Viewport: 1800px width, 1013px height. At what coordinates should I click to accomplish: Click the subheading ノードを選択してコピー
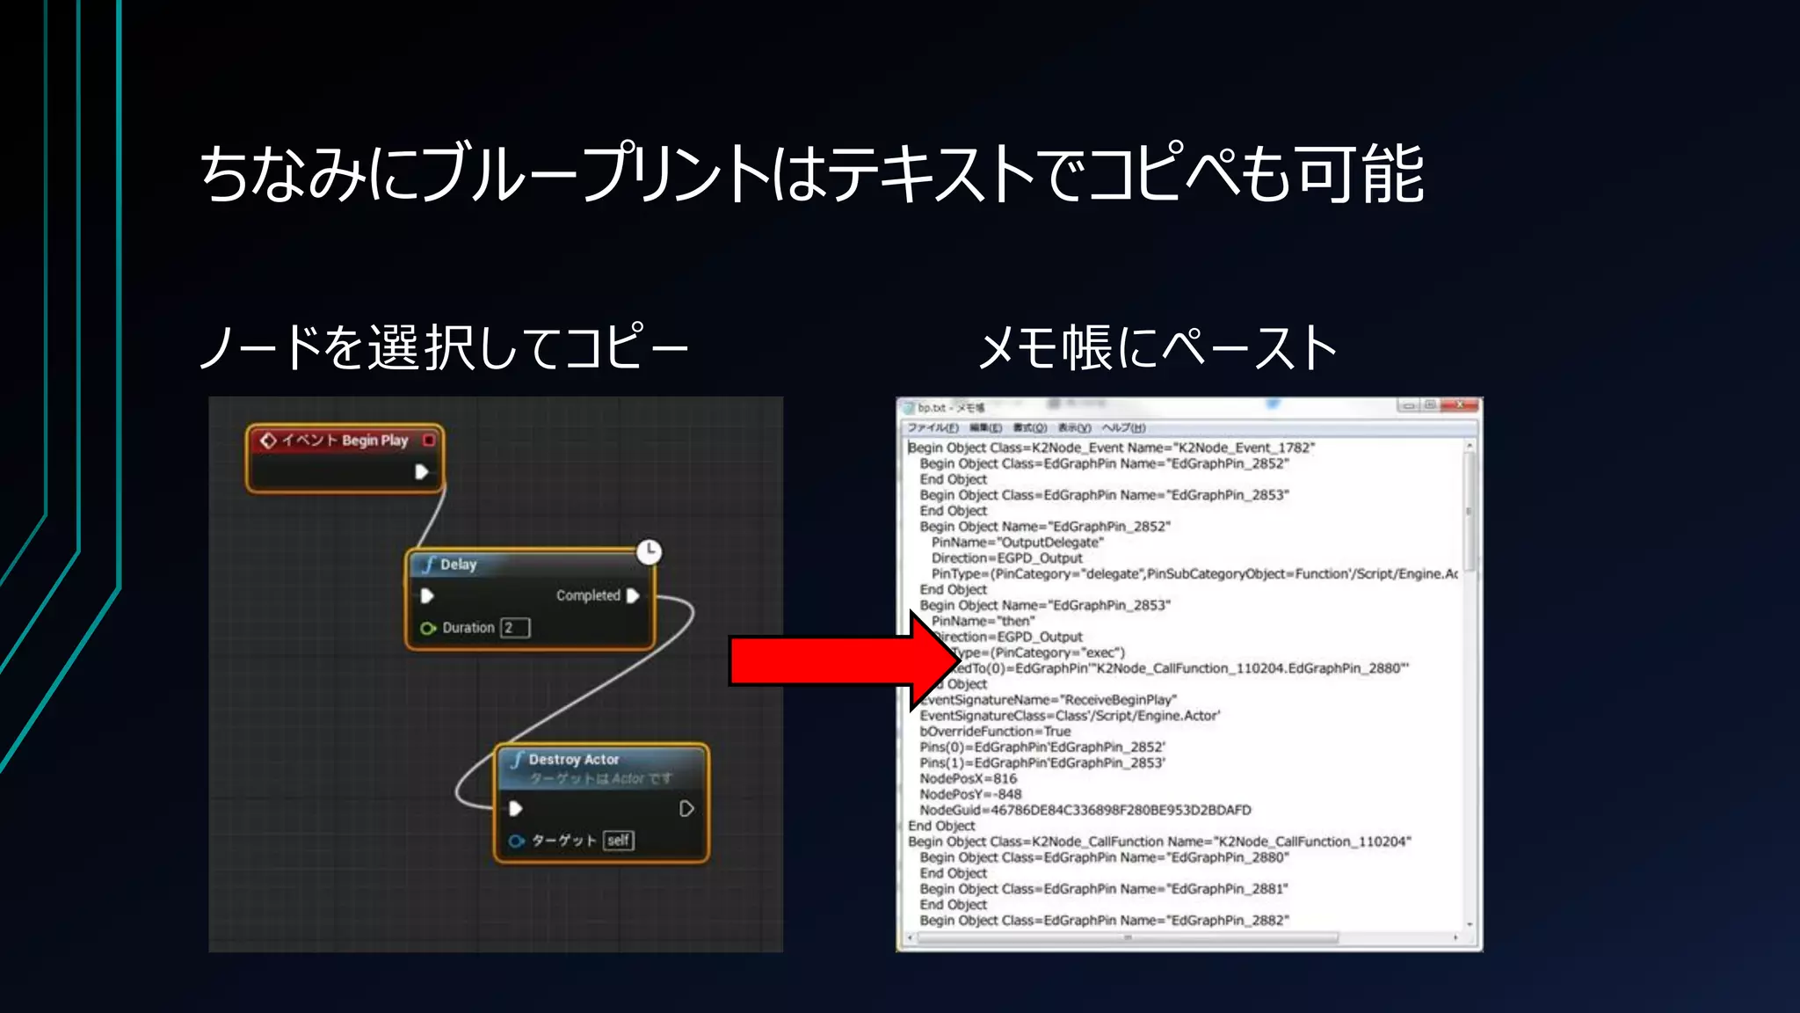[x=444, y=347]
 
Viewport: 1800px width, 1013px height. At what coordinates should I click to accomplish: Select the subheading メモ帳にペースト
[x=1158, y=347]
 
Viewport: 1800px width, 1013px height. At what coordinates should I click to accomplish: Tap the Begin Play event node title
[x=345, y=440]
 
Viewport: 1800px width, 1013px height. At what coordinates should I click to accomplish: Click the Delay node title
[x=458, y=565]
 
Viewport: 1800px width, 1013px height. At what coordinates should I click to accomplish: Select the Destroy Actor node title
[x=573, y=759]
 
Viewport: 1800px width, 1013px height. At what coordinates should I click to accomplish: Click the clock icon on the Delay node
[x=649, y=551]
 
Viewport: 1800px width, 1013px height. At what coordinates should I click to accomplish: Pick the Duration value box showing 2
[x=515, y=628]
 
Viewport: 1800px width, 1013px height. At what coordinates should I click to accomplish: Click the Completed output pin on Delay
[x=633, y=595]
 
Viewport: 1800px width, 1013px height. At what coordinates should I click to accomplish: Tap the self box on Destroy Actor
[x=619, y=841]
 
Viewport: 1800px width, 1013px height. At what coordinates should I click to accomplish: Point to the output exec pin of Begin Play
[x=422, y=472]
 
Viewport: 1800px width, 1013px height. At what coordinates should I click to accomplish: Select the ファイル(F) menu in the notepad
[x=933, y=428]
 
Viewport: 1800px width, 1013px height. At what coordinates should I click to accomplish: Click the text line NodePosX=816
[x=968, y=778]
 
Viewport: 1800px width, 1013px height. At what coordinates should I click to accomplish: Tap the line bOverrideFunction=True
[x=995, y=731]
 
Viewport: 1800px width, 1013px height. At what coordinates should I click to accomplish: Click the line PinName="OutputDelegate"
[x=1017, y=542]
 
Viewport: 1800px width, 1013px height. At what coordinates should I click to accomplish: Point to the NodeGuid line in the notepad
[x=1085, y=810]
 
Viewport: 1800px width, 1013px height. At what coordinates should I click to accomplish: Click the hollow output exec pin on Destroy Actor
[x=686, y=809]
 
